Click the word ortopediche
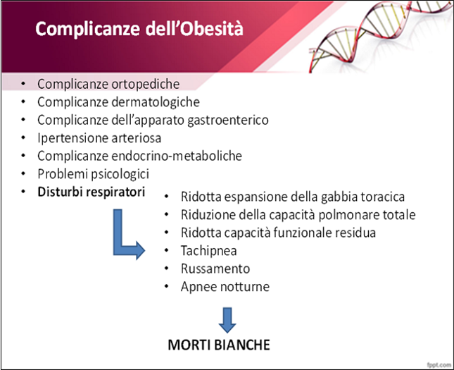pos(145,85)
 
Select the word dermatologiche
pos(156,102)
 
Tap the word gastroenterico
pos(228,121)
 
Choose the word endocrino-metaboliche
pos(177,156)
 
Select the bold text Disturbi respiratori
pos(92,192)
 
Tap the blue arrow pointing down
pos(227,320)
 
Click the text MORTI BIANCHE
pos(219,345)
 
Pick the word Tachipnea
pos(209,251)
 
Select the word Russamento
pos(215,269)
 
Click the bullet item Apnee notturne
pos(225,287)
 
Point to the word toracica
pos(383,197)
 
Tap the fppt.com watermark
pos(439,364)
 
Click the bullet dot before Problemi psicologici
pos(23,173)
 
